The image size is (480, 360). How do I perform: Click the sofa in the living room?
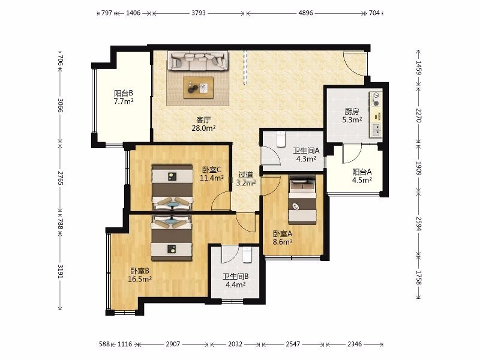point(198,61)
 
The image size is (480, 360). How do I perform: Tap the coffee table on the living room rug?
point(198,88)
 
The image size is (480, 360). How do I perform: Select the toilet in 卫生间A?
point(281,139)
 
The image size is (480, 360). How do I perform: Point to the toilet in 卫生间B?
point(247,254)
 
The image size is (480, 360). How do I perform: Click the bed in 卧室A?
point(302,200)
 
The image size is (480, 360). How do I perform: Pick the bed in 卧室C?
point(172,187)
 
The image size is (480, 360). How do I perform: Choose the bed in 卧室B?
point(172,238)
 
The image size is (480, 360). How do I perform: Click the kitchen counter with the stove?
point(376,115)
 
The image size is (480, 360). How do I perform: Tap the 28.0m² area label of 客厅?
point(203,128)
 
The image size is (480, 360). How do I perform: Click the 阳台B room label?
point(124,93)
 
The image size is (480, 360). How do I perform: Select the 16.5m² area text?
point(140,279)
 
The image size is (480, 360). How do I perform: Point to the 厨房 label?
point(352,112)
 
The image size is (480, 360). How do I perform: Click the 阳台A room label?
point(362,172)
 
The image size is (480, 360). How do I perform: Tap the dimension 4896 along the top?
point(305,13)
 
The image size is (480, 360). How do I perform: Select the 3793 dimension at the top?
point(199,13)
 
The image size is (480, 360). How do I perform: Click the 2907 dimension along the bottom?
point(173,344)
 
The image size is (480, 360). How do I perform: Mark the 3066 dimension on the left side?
point(61,106)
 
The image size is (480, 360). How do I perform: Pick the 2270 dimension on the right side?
point(418,115)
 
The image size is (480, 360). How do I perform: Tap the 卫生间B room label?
point(235,277)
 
